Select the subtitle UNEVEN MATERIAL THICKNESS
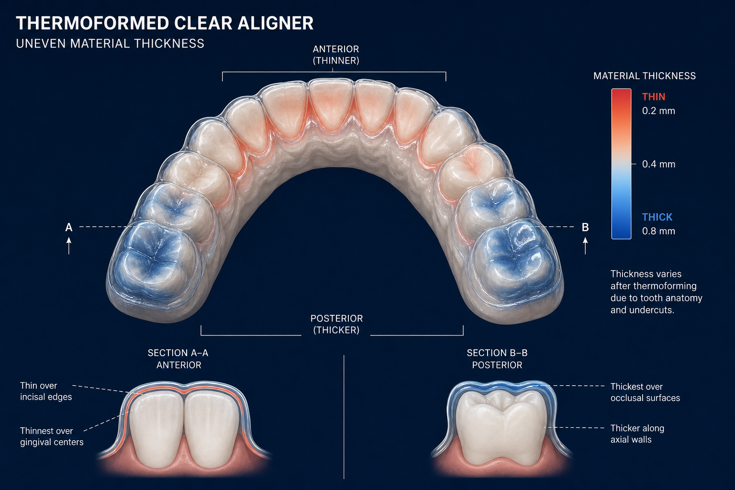[x=110, y=44]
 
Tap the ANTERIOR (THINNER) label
[x=335, y=55]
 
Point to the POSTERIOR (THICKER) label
[x=336, y=324]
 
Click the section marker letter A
[x=68, y=227]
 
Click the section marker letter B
[x=585, y=227]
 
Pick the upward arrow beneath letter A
[x=68, y=246]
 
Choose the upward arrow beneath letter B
[x=585, y=246]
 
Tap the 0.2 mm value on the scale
[x=658, y=111]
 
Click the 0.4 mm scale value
[x=658, y=164]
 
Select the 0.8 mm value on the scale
[x=658, y=231]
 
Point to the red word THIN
[x=654, y=97]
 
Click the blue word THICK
[x=657, y=217]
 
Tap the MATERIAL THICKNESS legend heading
[x=645, y=76]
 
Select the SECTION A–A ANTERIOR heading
[x=178, y=359]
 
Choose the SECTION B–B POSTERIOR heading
[x=497, y=359]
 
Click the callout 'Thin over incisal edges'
[x=46, y=391]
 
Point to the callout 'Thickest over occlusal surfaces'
[x=645, y=392]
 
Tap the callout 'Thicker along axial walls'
[x=637, y=434]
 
